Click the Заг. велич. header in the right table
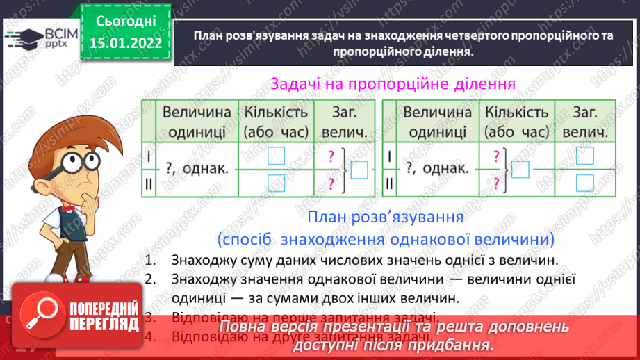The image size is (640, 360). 585,122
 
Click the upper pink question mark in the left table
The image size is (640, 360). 331,156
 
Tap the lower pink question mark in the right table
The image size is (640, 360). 496,182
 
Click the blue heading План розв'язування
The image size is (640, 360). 385,218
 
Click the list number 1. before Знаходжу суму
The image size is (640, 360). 151,261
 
